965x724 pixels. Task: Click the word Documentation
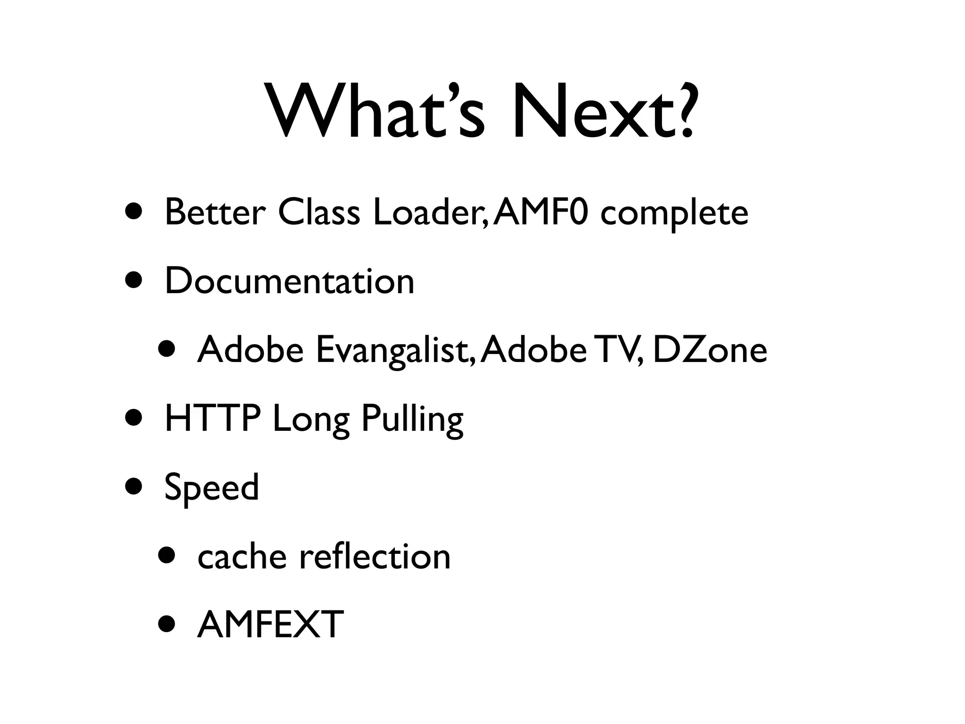(x=289, y=281)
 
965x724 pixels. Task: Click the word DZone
(x=710, y=350)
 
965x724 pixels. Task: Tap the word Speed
(x=212, y=488)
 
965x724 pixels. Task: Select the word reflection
(x=375, y=556)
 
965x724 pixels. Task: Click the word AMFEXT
(x=270, y=625)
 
